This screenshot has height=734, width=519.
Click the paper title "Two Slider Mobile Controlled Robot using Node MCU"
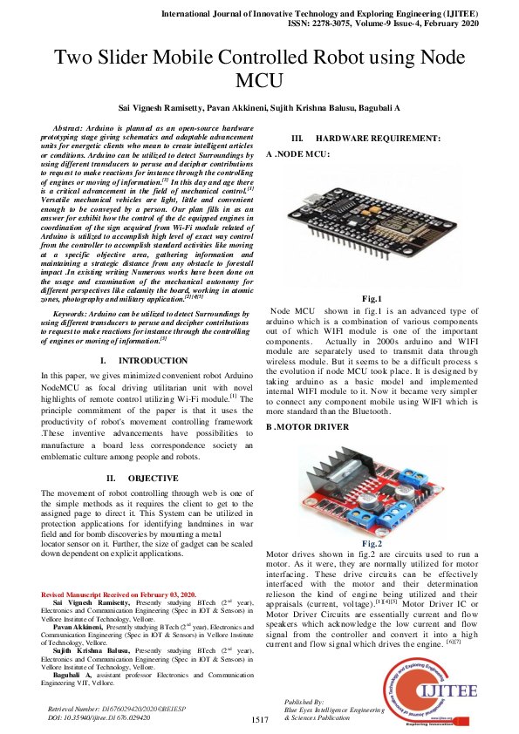(x=259, y=69)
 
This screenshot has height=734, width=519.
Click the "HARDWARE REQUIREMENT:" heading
(x=378, y=139)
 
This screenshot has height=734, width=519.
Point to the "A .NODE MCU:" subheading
(x=297, y=153)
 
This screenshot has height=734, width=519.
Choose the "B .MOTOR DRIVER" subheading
(x=308, y=426)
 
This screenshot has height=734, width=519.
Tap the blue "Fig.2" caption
(x=372, y=543)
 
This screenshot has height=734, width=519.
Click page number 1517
(x=260, y=720)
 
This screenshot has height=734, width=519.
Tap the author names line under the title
(x=259, y=108)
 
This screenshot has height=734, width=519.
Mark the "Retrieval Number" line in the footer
(x=112, y=708)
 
